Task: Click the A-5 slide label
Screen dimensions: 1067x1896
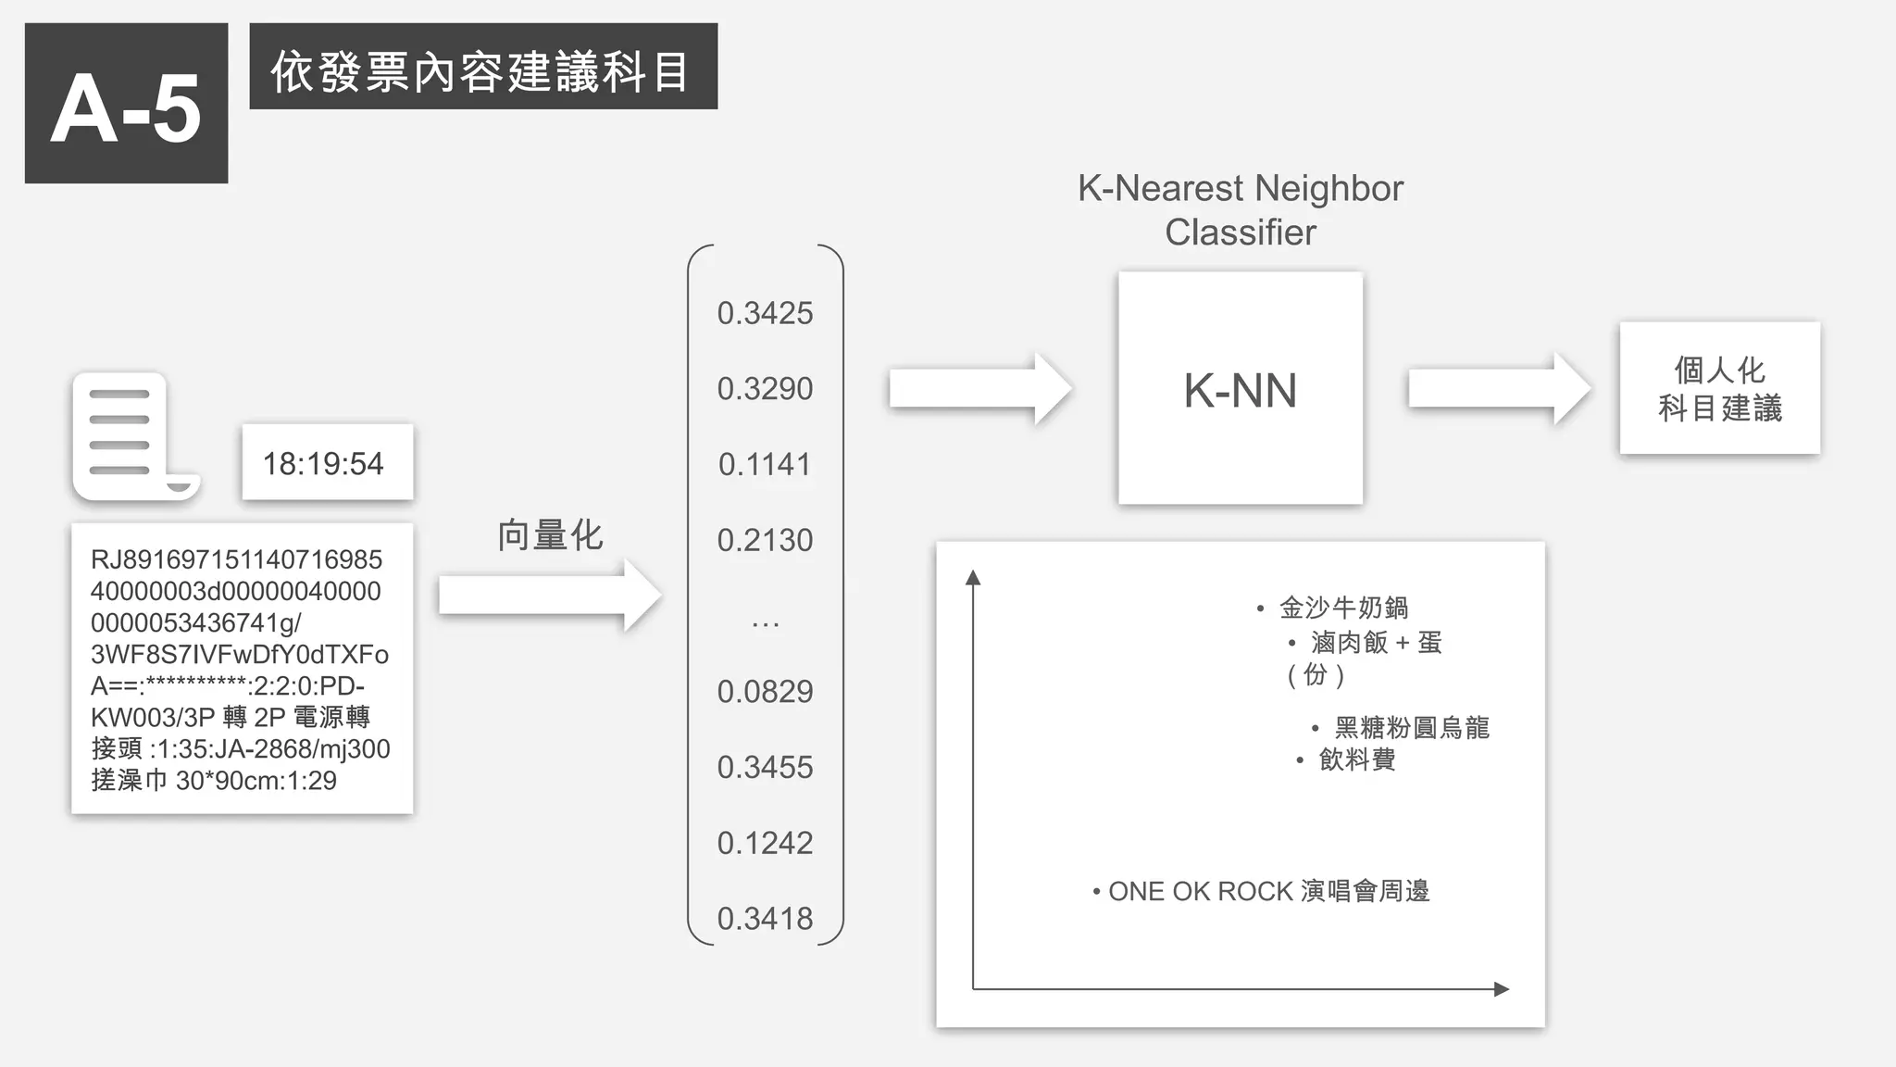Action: (126, 104)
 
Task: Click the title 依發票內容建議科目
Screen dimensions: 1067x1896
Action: (482, 69)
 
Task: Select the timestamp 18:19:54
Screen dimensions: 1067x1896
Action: (323, 463)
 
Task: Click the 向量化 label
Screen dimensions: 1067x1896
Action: (550, 535)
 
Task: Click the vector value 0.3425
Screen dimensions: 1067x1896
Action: (765, 313)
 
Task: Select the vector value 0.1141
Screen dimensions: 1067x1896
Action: (765, 464)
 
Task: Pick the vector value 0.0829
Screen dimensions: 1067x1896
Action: (765, 691)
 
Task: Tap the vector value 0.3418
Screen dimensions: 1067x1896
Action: (765, 918)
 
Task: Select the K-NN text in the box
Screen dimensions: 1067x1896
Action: (1240, 390)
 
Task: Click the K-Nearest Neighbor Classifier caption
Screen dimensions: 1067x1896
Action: (1240, 210)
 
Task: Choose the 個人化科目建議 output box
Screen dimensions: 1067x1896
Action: (1719, 388)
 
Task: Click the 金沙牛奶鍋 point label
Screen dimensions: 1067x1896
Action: (1343, 608)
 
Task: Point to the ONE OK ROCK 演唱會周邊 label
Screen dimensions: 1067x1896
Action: (1268, 891)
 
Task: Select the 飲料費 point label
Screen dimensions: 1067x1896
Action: (1356, 759)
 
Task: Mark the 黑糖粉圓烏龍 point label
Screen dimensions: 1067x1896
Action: (1411, 727)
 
